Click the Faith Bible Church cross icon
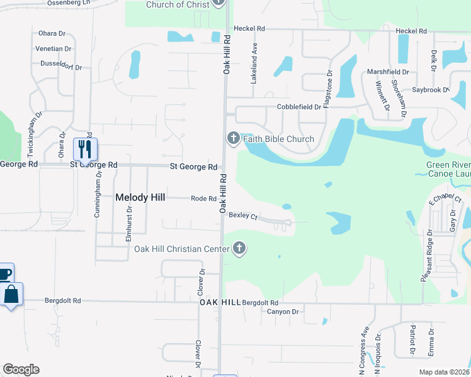coord(232,138)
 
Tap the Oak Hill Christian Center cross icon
coord(239,249)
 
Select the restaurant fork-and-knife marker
coord(83,150)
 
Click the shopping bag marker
coord(12,294)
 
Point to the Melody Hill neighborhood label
coord(140,197)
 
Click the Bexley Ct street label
coord(244,216)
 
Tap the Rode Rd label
coord(203,199)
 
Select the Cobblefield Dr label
coord(299,107)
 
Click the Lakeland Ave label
coord(255,55)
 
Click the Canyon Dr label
coord(282,312)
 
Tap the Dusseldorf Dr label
coord(62,66)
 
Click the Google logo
coord(21,369)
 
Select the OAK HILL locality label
coord(220,302)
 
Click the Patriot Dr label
coord(413,339)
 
